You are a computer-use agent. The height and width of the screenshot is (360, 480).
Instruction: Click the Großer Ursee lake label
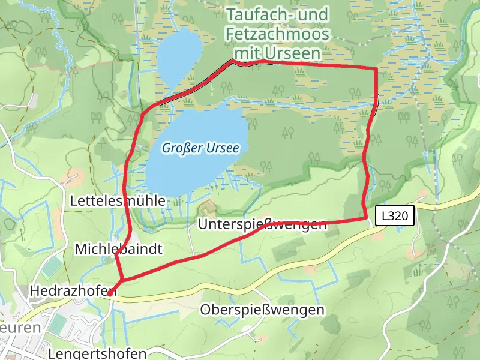coord(200,147)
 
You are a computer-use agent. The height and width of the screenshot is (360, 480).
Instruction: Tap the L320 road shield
coord(395,216)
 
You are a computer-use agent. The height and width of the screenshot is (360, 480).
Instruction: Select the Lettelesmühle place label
coord(118,200)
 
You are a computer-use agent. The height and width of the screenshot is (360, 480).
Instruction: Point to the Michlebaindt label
coord(119,248)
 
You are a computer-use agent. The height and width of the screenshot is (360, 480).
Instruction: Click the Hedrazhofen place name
coord(72,292)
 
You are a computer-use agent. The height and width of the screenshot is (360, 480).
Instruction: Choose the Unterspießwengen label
coord(262,224)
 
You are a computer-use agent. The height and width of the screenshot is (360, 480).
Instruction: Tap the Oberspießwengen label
coord(262,310)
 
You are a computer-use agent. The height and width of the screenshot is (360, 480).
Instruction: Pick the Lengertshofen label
coord(98,352)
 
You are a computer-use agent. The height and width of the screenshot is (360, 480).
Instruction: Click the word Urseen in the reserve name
coord(295,53)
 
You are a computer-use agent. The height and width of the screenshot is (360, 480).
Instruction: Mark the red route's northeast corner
coord(376,69)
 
